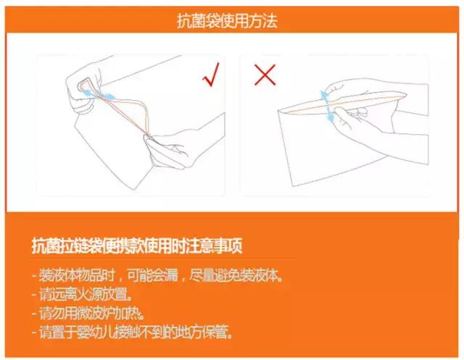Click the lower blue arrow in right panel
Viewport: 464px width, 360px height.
pos(331,115)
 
